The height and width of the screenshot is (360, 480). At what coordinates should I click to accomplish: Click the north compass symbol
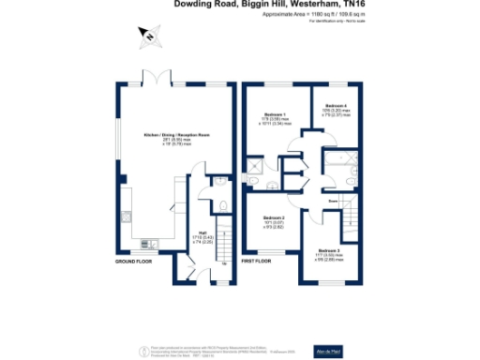pyautogui.click(x=148, y=37)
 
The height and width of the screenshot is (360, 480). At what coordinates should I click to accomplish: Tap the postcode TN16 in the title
pyautogui.click(x=351, y=5)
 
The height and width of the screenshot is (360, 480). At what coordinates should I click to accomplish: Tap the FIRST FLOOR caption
pyautogui.click(x=256, y=260)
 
